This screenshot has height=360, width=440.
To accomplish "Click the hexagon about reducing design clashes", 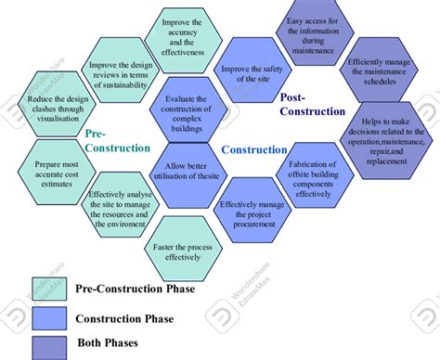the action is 55,106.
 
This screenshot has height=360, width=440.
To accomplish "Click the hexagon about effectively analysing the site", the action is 118,208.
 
